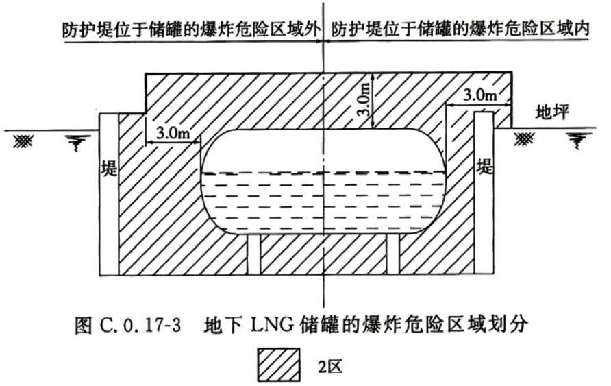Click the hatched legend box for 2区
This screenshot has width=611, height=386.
[x=279, y=365]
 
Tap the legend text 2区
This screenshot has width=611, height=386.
[x=330, y=365]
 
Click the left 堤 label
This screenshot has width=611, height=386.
[x=109, y=169]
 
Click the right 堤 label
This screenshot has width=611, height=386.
[x=485, y=167]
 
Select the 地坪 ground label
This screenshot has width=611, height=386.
[x=552, y=112]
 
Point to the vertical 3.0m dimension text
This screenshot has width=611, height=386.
[x=364, y=100]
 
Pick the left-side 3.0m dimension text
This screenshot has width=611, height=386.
[x=173, y=134]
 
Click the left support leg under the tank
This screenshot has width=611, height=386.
[x=254, y=255]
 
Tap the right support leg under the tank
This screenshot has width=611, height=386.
[x=393, y=255]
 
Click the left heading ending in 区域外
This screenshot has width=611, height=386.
[x=192, y=30]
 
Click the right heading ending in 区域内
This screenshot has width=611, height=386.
[x=460, y=29]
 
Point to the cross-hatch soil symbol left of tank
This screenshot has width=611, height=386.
[x=23, y=141]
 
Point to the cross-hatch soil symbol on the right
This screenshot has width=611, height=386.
[x=525, y=139]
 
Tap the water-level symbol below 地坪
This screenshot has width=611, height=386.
[x=579, y=141]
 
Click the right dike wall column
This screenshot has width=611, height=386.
[x=485, y=193]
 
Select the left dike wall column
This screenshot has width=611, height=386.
[x=109, y=195]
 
